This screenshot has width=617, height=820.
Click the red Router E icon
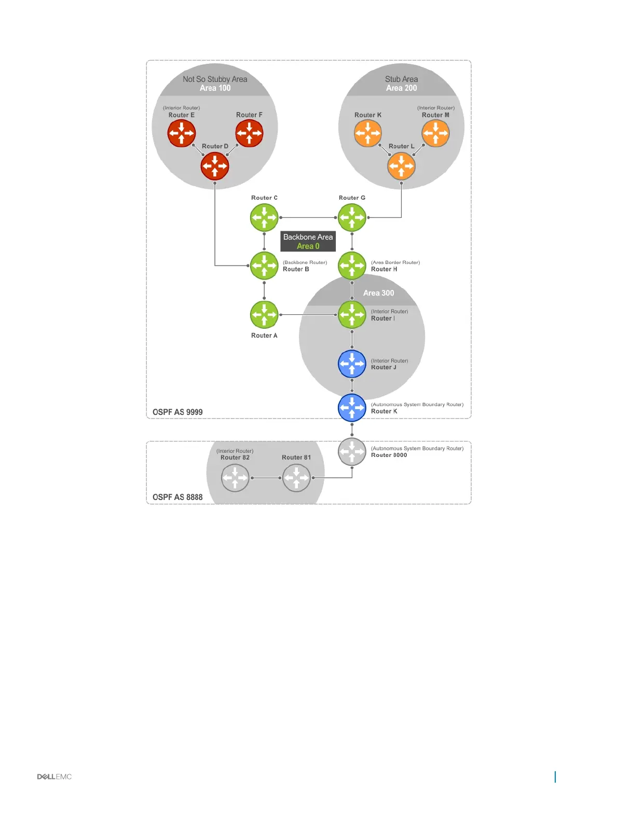click(181, 133)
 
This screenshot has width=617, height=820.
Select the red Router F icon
click(249, 133)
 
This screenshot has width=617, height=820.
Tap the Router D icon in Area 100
click(215, 166)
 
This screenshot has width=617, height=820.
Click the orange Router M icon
click(435, 133)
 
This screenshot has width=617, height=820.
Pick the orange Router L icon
click(401, 166)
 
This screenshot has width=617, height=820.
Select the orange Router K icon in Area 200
click(368, 133)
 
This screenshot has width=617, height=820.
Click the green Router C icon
click(264, 217)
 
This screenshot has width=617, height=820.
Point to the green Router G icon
click(352, 217)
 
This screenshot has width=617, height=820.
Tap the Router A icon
click(264, 314)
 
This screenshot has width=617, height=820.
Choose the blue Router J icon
click(352, 364)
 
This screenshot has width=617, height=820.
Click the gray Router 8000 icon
click(352, 451)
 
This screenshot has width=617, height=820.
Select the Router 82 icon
click(235, 478)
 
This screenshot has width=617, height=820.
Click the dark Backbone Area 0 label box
click(308, 242)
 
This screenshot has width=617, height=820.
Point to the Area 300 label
click(378, 293)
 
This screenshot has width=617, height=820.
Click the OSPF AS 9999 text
click(177, 412)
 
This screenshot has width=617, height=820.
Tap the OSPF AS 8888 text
click(177, 497)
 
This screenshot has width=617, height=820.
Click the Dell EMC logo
click(54, 776)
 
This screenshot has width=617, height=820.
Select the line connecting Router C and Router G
click(308, 218)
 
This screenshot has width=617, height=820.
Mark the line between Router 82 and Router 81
click(266, 478)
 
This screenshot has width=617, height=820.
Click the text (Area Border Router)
click(395, 262)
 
